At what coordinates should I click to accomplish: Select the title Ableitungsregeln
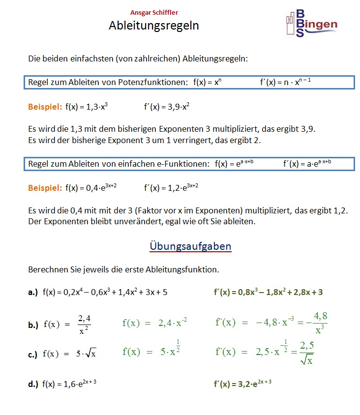click(153, 26)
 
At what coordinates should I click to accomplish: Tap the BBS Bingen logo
click(311, 24)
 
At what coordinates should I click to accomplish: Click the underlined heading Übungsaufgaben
click(190, 246)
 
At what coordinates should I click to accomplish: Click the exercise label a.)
click(33, 292)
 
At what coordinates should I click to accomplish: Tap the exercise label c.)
click(33, 354)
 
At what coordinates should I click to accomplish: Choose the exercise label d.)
click(33, 385)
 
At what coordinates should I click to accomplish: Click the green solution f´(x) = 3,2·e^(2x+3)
click(242, 384)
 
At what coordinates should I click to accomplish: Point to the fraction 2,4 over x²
click(84, 324)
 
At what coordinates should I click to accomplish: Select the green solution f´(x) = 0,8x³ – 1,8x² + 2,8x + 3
click(268, 292)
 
